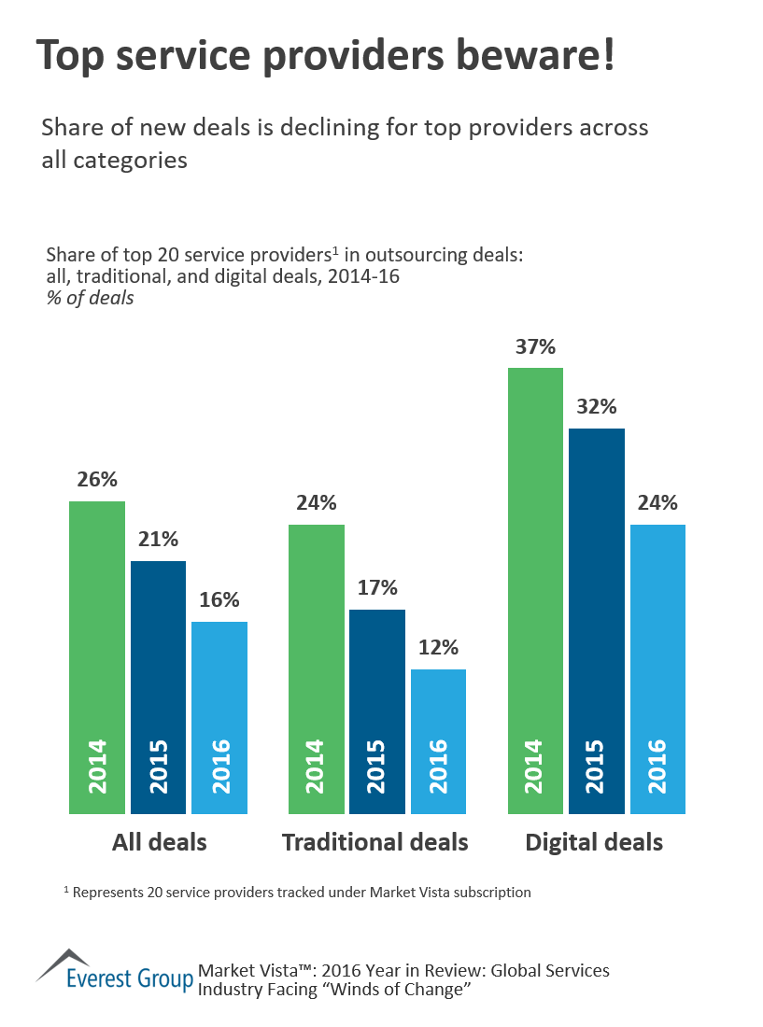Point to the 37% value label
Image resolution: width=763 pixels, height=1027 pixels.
pos(535,347)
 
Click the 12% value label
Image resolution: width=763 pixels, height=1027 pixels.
pos(438,648)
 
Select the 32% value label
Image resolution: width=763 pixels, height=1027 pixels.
pos(597,408)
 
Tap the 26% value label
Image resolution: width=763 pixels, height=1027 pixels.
pos(97,480)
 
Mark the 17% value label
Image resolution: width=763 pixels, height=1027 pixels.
pos(377,588)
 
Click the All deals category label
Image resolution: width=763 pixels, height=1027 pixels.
pos(159,842)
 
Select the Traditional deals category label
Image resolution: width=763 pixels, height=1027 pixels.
pos(375,842)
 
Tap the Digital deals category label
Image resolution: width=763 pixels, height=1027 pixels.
pos(594,842)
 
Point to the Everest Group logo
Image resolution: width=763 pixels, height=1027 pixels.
pos(114,973)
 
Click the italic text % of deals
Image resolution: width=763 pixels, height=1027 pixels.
pos(89,299)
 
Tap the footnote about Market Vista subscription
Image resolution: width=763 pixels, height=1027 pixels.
pos(297,893)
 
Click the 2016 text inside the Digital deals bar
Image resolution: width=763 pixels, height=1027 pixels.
pos(657,766)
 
